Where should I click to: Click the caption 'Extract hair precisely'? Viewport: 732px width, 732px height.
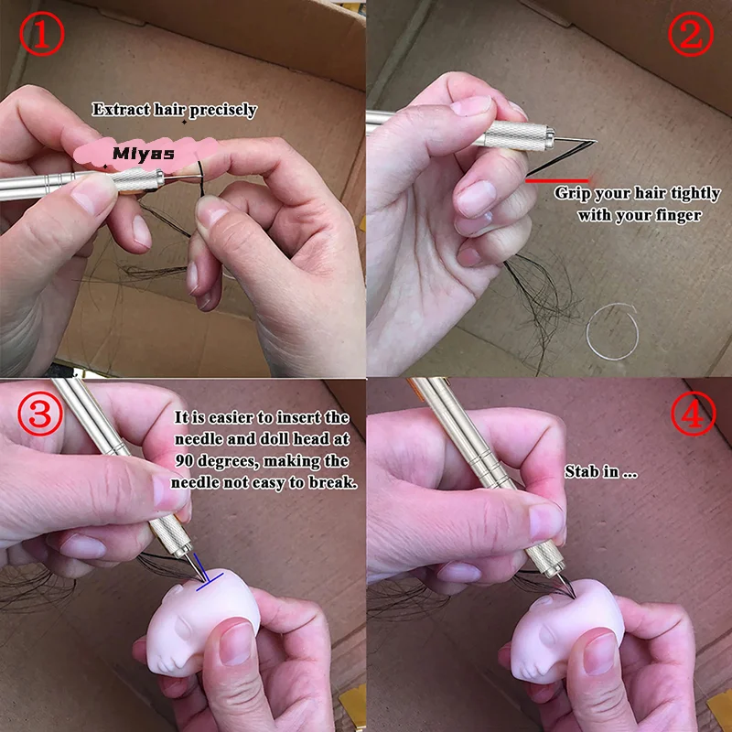coord(175,110)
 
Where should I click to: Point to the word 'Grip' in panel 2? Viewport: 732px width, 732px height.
coord(573,194)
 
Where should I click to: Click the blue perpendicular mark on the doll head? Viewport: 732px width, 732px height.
coord(211,578)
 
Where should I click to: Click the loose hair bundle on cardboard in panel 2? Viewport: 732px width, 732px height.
coord(540,284)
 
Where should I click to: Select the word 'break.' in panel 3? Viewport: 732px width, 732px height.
coord(333,483)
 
